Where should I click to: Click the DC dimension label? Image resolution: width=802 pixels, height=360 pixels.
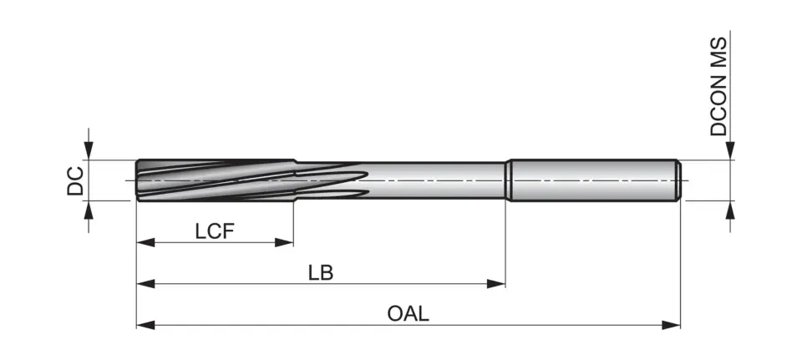(75, 180)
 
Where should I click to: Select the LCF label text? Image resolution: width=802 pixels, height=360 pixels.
(215, 231)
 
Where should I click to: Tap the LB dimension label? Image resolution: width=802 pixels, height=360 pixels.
(321, 273)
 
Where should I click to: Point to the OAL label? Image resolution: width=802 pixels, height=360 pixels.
(408, 314)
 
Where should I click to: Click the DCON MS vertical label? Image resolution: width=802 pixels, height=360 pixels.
(719, 87)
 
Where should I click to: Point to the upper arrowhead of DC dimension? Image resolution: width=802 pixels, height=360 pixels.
(89, 150)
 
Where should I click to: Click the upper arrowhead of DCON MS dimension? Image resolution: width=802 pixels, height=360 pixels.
(730, 150)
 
